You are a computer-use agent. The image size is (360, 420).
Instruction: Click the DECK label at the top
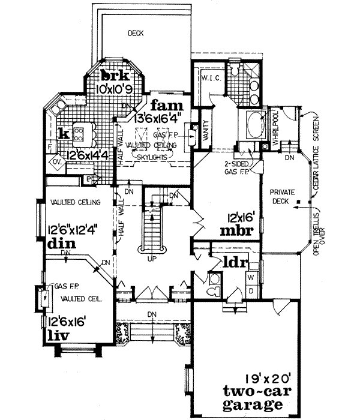[x=136, y=34]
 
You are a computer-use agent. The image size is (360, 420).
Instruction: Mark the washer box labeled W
[x=253, y=278]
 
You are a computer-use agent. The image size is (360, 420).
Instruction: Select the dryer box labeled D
[x=253, y=291]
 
